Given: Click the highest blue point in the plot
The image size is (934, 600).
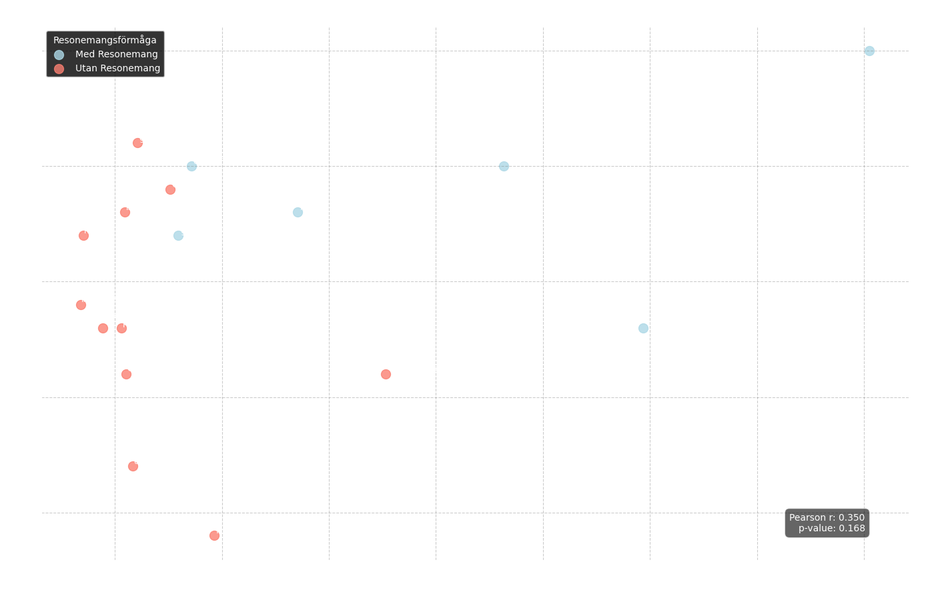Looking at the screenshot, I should (x=869, y=51).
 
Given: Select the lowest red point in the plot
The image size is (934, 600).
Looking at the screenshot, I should (x=214, y=535).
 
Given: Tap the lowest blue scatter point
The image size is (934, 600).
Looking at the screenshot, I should (x=643, y=328).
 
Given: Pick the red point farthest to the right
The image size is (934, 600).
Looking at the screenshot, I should (x=386, y=374).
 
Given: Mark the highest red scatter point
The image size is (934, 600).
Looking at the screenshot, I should (x=137, y=143).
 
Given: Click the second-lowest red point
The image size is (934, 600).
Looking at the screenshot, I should (x=133, y=466).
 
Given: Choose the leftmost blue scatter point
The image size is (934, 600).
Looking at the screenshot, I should (x=178, y=235).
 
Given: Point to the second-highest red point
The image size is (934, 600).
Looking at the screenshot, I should (x=170, y=189).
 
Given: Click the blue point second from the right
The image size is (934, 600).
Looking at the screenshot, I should (x=643, y=328).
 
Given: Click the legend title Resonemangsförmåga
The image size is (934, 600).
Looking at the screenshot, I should (x=105, y=41).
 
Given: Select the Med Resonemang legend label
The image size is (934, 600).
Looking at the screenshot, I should (x=117, y=55).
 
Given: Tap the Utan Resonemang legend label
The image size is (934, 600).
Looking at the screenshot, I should (x=117, y=69).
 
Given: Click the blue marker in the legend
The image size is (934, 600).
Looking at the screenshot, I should (x=59, y=55).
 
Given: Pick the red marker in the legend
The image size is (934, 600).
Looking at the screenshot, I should (x=59, y=69).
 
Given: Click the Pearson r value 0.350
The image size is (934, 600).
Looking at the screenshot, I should (x=851, y=517).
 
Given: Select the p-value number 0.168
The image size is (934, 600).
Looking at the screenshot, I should (x=852, y=529).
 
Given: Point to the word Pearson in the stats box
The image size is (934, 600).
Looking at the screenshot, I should (x=807, y=517).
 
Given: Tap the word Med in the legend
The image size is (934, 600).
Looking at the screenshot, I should (x=85, y=55).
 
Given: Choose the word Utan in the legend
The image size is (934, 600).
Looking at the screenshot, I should (x=86, y=69).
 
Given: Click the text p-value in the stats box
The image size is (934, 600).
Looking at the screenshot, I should (x=817, y=529).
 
